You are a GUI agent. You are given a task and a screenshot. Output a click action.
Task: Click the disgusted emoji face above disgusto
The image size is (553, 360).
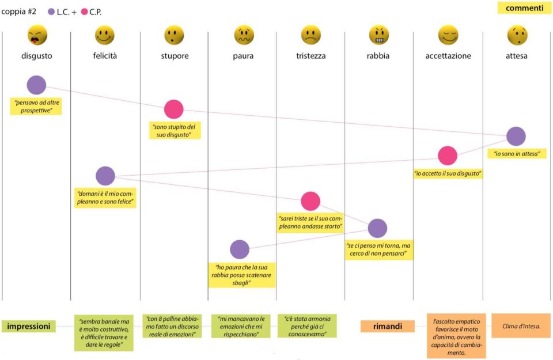point(37,35)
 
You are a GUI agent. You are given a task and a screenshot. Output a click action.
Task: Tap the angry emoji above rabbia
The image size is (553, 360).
point(378,35)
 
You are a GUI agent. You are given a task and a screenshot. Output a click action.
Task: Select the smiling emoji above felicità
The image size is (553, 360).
point(105,35)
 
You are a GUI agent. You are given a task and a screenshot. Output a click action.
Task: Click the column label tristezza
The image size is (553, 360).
point(310,56)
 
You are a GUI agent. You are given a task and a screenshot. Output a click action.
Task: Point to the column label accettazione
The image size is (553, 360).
point(448,56)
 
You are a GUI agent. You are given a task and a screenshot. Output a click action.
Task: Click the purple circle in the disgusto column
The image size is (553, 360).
point(36,85)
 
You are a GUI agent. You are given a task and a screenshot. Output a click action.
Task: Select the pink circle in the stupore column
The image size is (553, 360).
point(173,109)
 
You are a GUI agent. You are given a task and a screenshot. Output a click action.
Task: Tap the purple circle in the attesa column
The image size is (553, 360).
point(516,137)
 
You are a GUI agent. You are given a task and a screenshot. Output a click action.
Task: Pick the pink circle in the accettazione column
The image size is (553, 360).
point(448,156)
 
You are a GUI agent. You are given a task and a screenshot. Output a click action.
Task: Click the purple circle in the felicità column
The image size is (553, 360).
point(105,176)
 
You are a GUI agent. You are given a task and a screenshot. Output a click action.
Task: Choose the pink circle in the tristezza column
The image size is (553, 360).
point(310,202)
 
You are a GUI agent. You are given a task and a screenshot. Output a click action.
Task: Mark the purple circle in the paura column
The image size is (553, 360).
point(240,249)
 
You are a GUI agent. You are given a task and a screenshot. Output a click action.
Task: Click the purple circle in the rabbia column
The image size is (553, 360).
point(377,229)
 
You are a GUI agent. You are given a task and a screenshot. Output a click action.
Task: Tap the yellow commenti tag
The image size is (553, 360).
point(524,8)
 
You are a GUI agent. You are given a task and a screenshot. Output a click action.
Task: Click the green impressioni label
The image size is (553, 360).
point(29,326)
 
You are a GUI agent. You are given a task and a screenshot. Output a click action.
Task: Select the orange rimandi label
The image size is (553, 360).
point(388,326)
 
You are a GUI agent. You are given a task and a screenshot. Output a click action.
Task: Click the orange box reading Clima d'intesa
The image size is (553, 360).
point(521,326)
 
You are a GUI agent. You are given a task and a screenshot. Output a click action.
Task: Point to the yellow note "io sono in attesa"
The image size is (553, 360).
point(517,154)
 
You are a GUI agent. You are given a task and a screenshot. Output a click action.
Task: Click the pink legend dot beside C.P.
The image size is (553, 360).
point(84,12)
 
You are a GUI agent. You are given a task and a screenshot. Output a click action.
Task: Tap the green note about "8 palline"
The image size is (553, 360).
point(172,326)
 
